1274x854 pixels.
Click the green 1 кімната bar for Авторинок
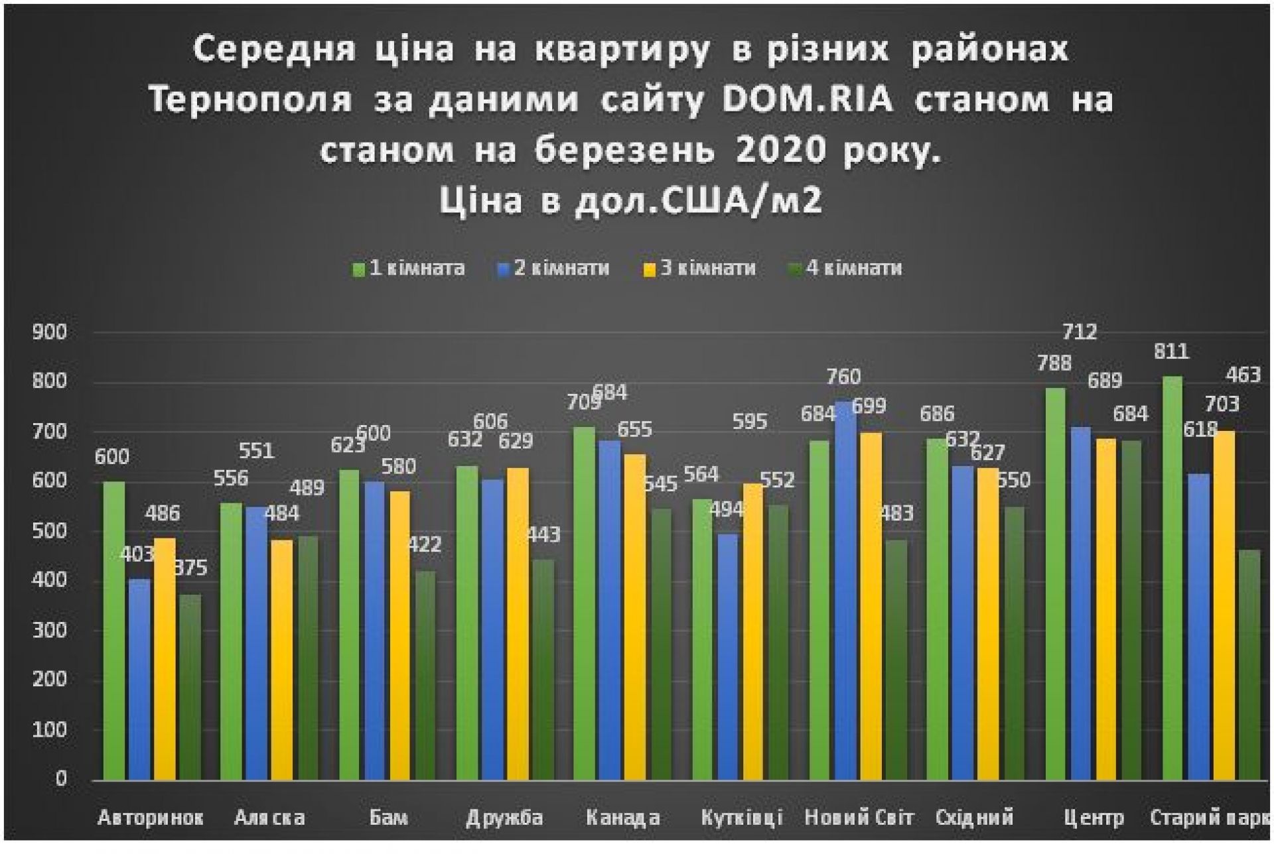click(x=114, y=630)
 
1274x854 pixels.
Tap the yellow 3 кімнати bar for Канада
click(x=635, y=617)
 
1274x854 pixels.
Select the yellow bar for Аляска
click(x=282, y=660)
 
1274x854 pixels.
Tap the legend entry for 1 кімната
click(x=409, y=268)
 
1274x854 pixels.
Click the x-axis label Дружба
click(x=504, y=818)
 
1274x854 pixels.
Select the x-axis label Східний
click(x=974, y=818)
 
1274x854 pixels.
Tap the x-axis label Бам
click(x=388, y=818)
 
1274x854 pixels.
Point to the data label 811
click(x=1171, y=351)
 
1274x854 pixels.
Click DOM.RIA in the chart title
click(x=808, y=100)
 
